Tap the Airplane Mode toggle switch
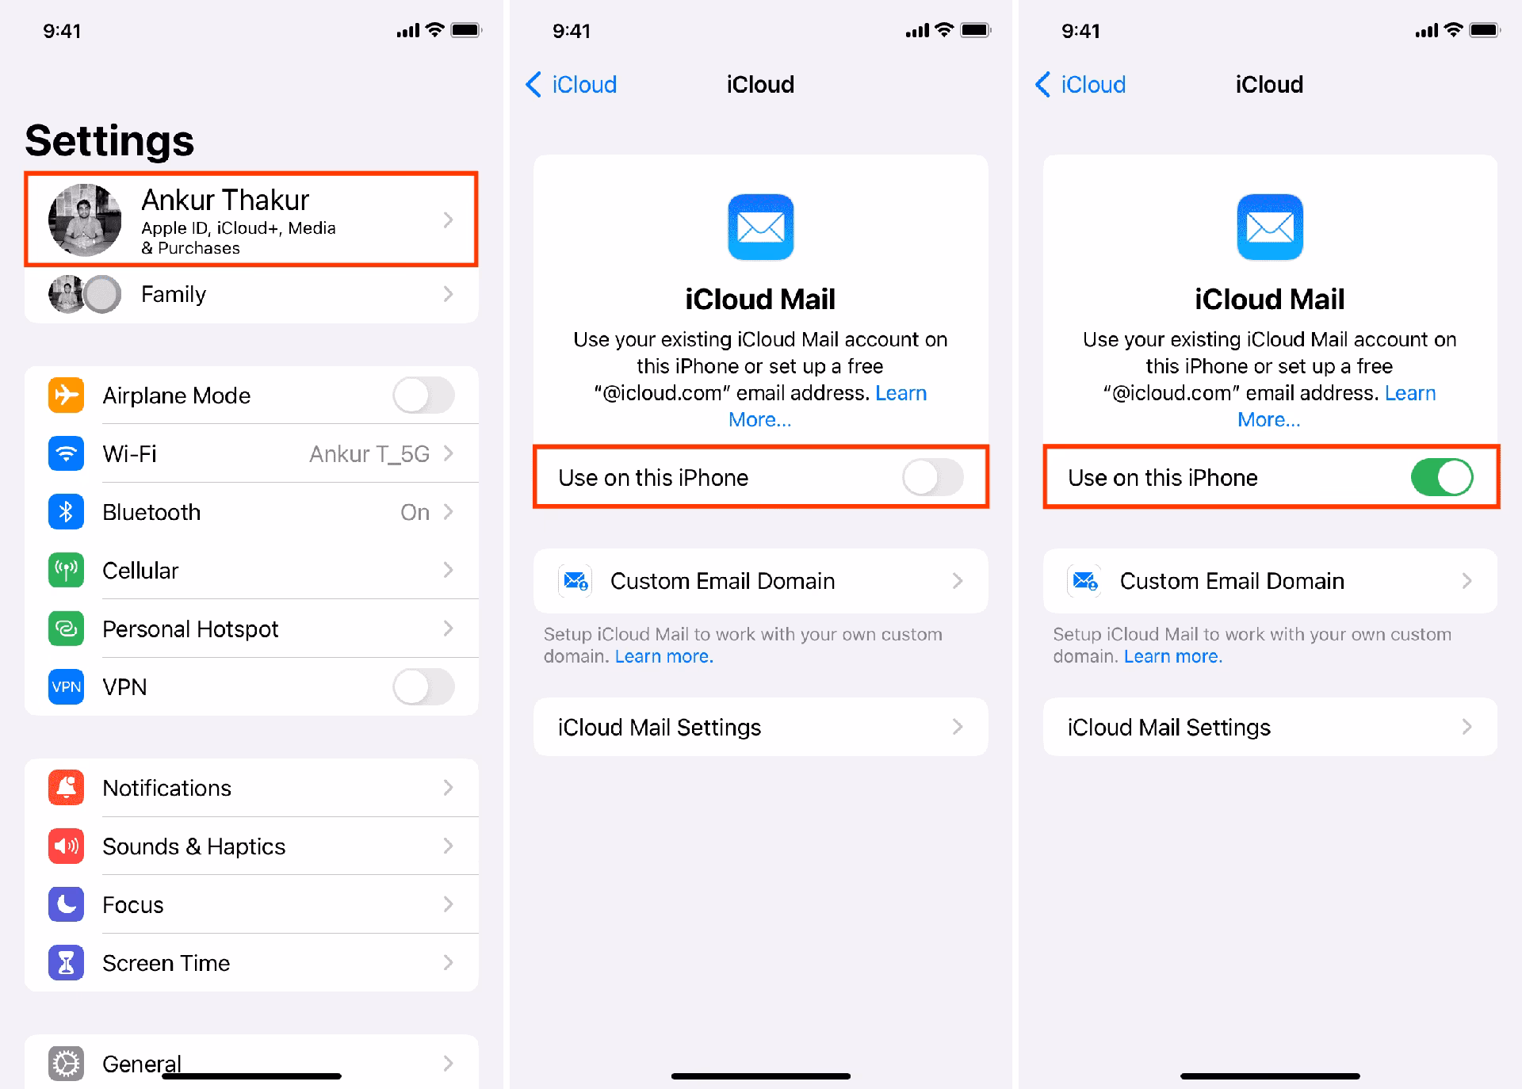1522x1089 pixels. point(423,395)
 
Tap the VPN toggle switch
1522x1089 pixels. point(423,686)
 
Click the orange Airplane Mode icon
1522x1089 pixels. point(66,395)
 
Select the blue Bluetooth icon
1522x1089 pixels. point(66,512)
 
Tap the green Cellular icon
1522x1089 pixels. point(66,571)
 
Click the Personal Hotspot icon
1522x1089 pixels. point(66,629)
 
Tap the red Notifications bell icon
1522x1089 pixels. point(66,788)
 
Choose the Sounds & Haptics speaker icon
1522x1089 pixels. point(66,846)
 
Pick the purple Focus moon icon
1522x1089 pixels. point(66,904)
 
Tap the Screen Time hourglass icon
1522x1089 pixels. point(66,963)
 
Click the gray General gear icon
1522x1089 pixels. point(66,1064)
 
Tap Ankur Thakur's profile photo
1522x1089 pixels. point(85,220)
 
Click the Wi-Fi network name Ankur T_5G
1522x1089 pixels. point(369,454)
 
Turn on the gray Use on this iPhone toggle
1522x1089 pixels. point(932,477)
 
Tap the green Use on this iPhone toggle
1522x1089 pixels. point(1441,477)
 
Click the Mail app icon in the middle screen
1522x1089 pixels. point(760,227)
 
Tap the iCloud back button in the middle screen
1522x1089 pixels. point(571,85)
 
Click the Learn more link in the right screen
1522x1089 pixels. point(1172,656)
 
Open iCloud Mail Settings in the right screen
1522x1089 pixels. point(1269,728)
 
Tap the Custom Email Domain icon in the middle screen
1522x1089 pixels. point(575,581)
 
